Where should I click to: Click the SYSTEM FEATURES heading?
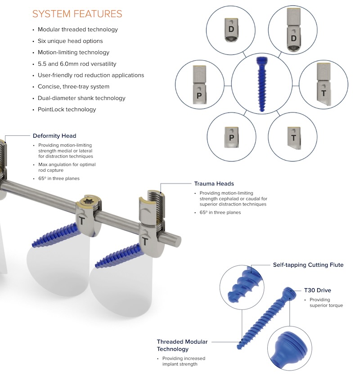coord(77,14)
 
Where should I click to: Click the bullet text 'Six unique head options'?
coord(70,41)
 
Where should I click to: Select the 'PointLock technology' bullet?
coord(67,109)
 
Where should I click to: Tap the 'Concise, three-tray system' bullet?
coord(73,86)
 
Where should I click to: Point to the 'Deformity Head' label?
coord(54,136)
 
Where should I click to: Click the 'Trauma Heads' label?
coord(214,184)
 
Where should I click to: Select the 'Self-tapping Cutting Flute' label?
coord(308,265)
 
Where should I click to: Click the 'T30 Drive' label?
coord(318,290)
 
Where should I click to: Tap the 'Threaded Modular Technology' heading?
coord(182,345)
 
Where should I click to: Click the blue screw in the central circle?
coord(261,84)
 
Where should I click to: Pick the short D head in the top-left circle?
coord(231,30)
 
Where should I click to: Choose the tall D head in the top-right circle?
coord(293,30)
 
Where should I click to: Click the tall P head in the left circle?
coord(199,85)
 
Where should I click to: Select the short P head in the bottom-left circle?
coord(231,137)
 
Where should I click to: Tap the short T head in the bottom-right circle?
coord(294,138)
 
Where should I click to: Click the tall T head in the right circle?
coord(324,84)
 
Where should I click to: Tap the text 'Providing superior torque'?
coord(326,302)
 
